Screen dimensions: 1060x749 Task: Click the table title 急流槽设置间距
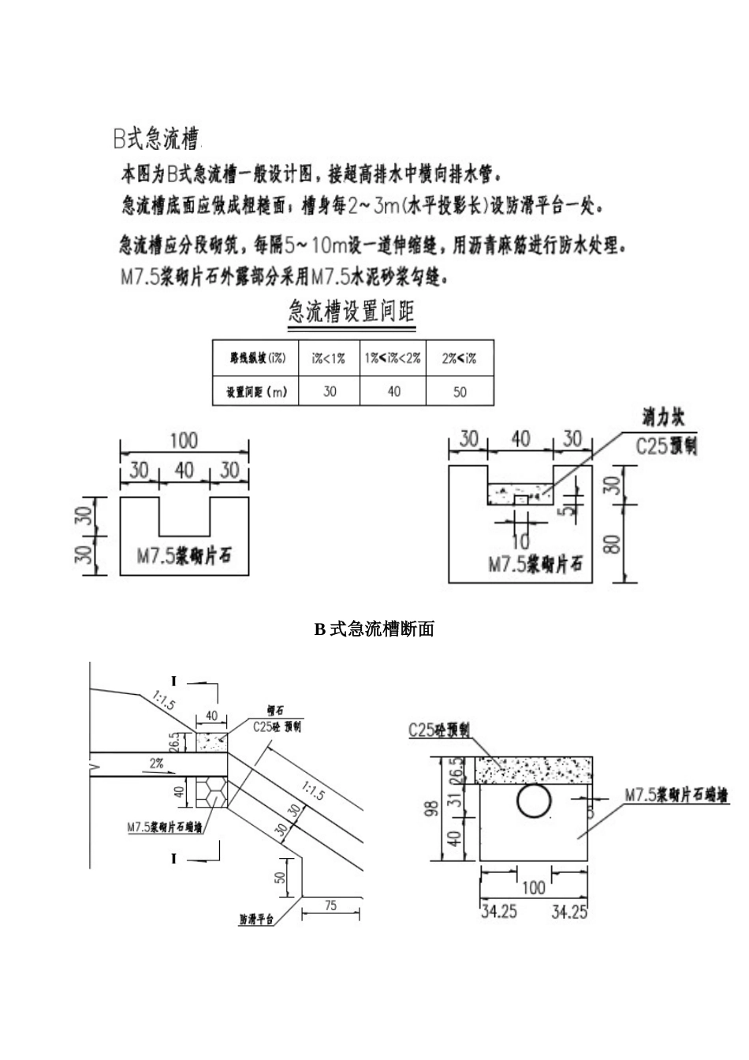coord(352,312)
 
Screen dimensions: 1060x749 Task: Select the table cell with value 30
coord(329,391)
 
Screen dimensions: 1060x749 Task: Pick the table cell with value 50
coord(460,391)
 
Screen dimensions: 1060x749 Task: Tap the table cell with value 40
coord(393,391)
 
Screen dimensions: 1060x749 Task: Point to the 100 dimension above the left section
coord(184,440)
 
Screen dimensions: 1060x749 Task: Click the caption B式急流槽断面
coord(374,629)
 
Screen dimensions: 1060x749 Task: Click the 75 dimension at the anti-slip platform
coord(330,906)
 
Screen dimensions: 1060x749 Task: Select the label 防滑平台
coord(256,920)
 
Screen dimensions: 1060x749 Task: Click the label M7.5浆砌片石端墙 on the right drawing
coord(677,795)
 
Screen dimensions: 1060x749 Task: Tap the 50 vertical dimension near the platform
coord(281,877)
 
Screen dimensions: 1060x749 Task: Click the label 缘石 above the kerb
coord(275,711)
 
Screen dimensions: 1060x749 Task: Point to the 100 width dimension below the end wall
coord(534,886)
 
